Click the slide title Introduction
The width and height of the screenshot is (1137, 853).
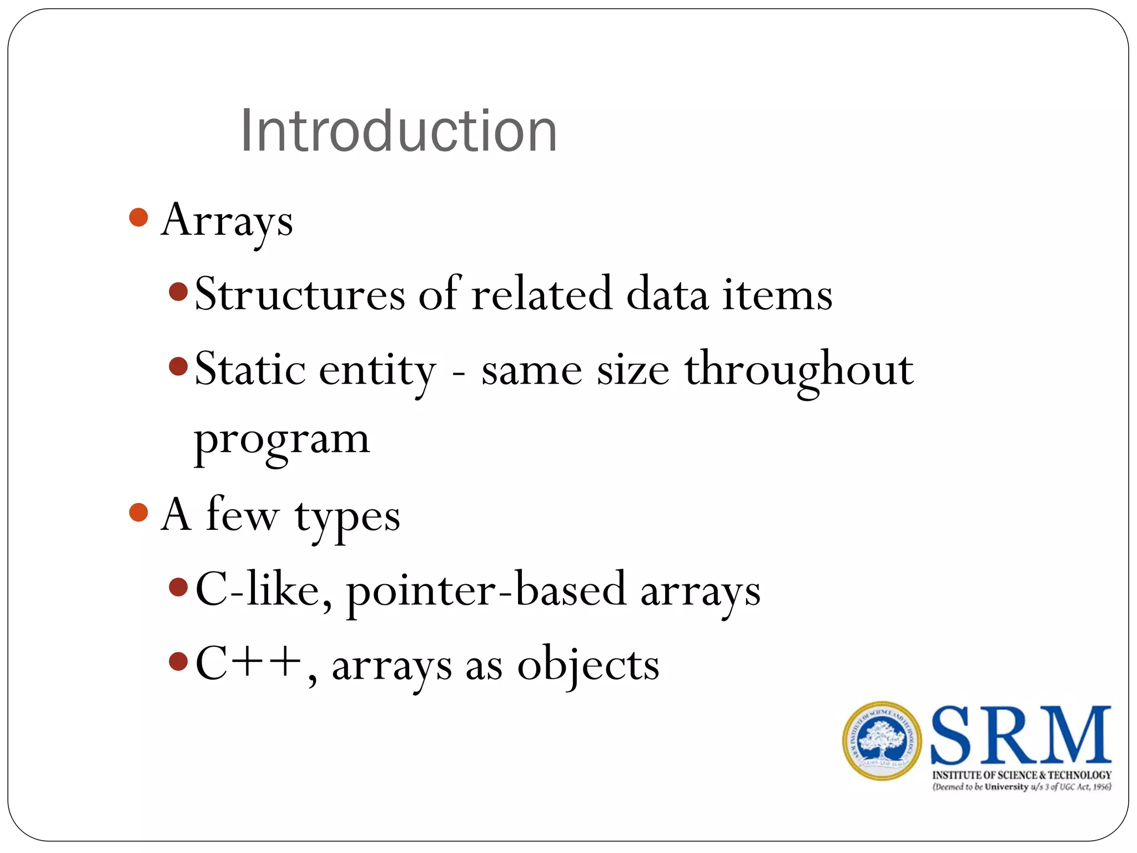point(398,131)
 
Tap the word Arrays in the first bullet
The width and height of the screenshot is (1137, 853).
point(227,221)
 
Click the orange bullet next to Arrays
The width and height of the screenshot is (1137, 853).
point(138,217)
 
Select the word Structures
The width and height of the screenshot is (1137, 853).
point(300,294)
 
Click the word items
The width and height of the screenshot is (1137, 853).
point(777,294)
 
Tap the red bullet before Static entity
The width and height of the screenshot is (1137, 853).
point(178,366)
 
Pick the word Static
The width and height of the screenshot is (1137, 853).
point(250,369)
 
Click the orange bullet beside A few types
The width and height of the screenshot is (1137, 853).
point(138,512)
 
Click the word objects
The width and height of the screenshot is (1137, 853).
point(588,665)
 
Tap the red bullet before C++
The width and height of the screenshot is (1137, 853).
point(178,661)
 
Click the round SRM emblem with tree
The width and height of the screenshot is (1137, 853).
point(882,741)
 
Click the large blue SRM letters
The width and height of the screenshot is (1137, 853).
point(1020,735)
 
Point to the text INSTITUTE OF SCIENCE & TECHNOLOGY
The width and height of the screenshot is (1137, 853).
point(1022,775)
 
